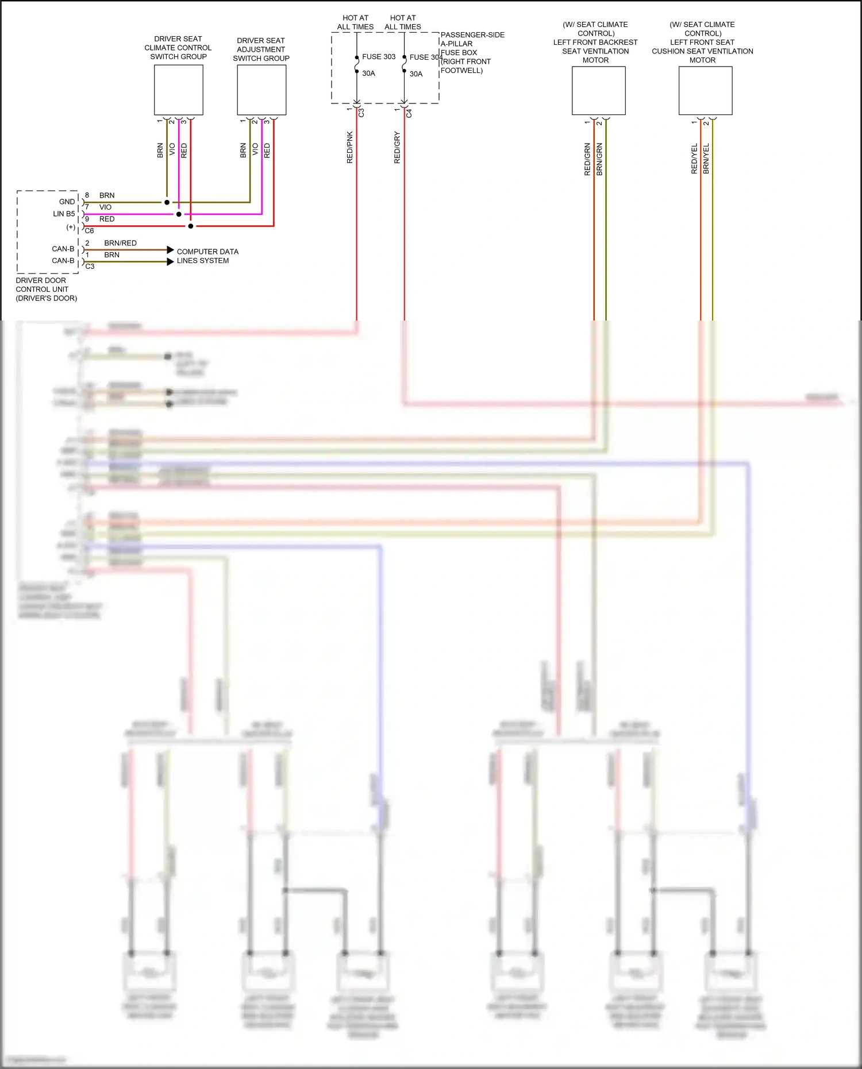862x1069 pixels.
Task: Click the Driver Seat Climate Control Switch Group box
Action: coord(178,90)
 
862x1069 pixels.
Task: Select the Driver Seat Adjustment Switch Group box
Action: coord(261,90)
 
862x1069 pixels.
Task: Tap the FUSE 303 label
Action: coord(379,57)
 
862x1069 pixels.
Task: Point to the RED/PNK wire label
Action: coord(350,148)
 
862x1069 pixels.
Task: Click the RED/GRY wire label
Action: coord(397,148)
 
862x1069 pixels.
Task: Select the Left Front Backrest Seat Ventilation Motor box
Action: coord(598,91)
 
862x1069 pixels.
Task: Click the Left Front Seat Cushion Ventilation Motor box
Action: coord(705,91)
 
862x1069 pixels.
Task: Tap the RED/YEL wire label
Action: coord(694,159)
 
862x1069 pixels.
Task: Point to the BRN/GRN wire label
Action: coord(599,159)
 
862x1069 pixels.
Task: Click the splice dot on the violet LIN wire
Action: coord(179,214)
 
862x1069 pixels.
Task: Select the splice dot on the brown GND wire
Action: coord(167,202)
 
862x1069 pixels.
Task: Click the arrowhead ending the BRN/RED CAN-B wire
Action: coord(170,250)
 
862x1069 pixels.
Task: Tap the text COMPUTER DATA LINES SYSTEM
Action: coord(207,256)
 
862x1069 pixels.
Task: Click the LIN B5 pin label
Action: coord(64,214)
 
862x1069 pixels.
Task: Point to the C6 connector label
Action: coord(89,231)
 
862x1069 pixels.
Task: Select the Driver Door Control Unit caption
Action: coord(46,290)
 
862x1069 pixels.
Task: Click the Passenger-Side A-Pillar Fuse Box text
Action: coord(472,52)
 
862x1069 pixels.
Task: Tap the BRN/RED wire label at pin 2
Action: coord(120,243)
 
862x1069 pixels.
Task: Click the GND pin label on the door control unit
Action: coord(67,202)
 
